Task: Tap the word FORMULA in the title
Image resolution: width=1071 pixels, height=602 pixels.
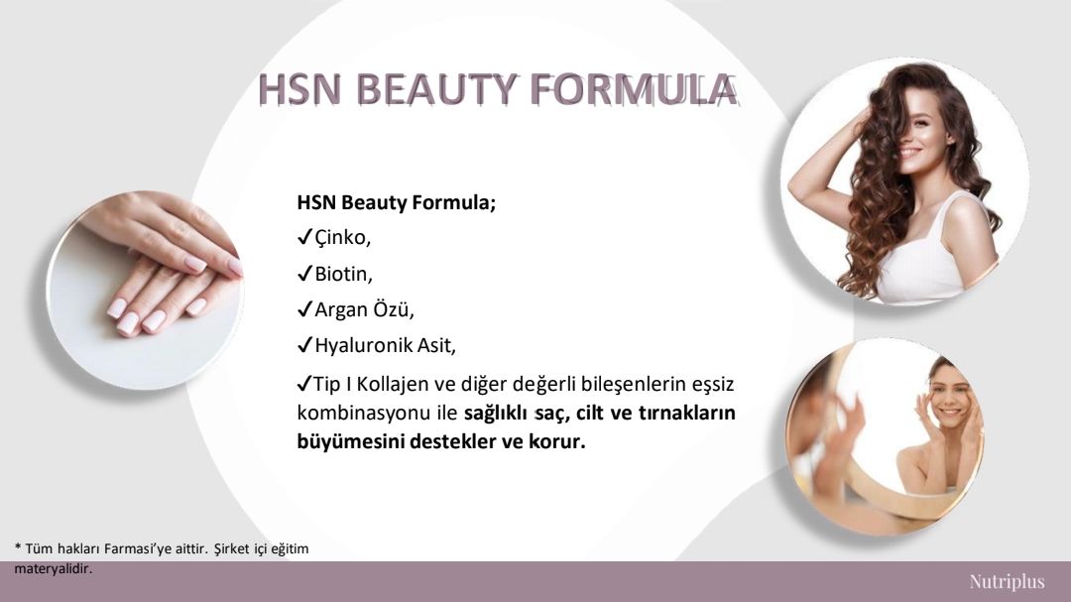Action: click(x=633, y=89)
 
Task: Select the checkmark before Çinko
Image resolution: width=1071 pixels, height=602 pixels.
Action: click(x=304, y=237)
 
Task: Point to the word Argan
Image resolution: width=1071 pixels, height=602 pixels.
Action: click(x=340, y=310)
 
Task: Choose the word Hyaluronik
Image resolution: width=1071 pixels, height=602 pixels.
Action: click(x=363, y=346)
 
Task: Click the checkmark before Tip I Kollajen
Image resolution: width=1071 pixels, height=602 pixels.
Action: click(x=304, y=384)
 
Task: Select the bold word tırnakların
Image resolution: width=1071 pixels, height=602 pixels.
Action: click(x=686, y=413)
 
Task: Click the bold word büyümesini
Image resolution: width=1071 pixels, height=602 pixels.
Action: click(x=350, y=441)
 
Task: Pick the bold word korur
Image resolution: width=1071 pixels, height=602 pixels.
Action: click(x=557, y=441)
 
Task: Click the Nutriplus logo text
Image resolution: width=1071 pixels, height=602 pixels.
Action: click(x=1007, y=581)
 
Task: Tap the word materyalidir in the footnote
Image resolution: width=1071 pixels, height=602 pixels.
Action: click(x=53, y=568)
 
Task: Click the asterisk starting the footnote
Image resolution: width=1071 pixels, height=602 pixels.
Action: click(x=18, y=546)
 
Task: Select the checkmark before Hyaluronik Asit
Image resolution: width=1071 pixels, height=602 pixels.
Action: click(x=304, y=345)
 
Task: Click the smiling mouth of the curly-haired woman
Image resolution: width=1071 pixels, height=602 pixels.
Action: click(x=909, y=152)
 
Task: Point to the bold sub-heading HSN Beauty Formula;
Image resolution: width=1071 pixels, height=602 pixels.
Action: click(x=396, y=203)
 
